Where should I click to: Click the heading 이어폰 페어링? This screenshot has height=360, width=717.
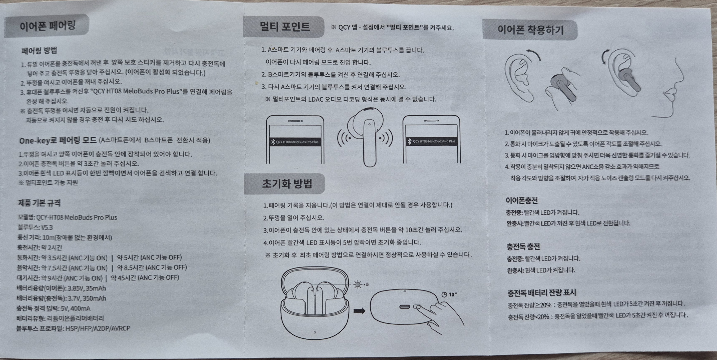click(47, 26)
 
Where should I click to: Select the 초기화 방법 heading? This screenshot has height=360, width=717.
click(287, 184)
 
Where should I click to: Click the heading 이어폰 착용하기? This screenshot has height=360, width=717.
click(530, 30)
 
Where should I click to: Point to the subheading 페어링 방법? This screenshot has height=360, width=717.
click(39, 50)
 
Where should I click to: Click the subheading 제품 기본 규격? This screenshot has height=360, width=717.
click(39, 203)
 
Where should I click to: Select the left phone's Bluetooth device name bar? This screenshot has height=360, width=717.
click(295, 142)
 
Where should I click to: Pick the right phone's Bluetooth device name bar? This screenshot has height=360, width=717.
click(431, 141)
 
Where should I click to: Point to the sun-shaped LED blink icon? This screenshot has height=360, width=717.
click(358, 284)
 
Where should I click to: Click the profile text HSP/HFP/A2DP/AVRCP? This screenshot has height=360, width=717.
click(98, 328)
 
